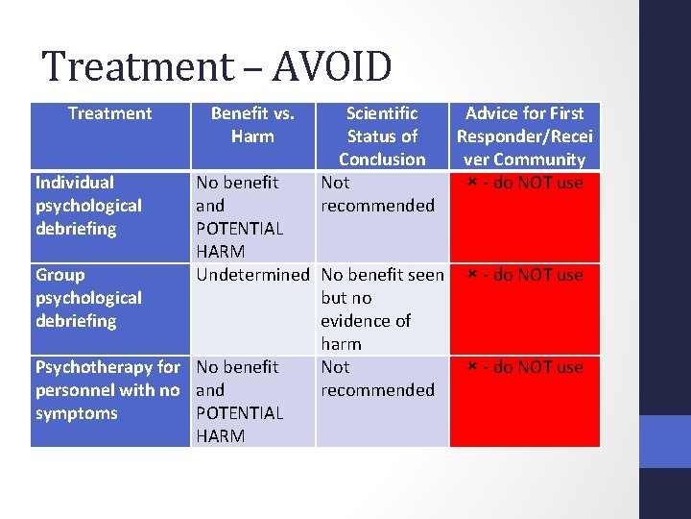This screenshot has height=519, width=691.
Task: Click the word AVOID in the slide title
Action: pyautogui.click(x=332, y=67)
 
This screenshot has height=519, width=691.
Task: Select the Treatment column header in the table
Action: pyautogui.click(x=109, y=113)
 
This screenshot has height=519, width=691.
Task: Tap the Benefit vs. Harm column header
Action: pyautogui.click(x=252, y=125)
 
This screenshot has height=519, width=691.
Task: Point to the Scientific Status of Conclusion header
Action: pyautogui.click(x=382, y=136)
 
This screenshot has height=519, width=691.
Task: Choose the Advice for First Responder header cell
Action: pyautogui.click(x=524, y=136)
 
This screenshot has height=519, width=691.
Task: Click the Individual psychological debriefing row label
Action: pyautogui.click(x=88, y=206)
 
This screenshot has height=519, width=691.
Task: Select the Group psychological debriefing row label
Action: pyautogui.click(x=88, y=298)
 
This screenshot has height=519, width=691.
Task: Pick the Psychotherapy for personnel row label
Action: pyautogui.click(x=107, y=390)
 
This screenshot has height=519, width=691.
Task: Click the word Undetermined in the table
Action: pyautogui.click(x=252, y=275)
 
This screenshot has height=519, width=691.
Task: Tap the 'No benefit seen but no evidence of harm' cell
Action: pyautogui.click(x=382, y=309)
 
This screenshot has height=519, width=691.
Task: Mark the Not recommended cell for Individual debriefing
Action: pyautogui.click(x=377, y=194)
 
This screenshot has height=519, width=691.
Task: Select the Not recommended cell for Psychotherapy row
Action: pyautogui.click(x=377, y=379)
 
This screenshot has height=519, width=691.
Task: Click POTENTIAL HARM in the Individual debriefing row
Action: pyautogui.click(x=239, y=240)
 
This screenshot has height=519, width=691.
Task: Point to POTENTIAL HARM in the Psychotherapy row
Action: pyautogui.click(x=239, y=425)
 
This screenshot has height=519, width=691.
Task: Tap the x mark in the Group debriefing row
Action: pyautogui.click(x=472, y=275)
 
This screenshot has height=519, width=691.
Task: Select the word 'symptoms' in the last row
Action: pyautogui.click(x=77, y=413)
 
